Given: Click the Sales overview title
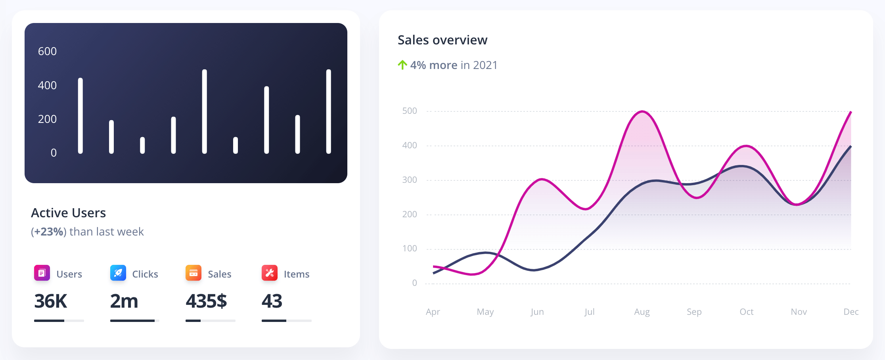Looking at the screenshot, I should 442,40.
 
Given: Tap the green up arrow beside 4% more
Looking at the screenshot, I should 402,65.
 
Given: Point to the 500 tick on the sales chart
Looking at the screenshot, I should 409,111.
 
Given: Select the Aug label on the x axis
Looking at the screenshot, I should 642,312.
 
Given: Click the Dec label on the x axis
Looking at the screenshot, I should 851,312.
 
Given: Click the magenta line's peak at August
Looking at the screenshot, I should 642,111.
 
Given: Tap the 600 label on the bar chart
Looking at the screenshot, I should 47,51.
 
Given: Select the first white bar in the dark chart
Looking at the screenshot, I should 80,115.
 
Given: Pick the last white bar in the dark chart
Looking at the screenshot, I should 328,111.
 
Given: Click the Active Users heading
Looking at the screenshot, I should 68,213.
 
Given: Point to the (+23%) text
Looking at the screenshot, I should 48,232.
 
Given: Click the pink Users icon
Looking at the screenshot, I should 42,273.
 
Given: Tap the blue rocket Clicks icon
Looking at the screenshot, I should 118,273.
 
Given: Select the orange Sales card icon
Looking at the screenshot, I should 193,273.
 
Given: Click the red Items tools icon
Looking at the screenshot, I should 269,273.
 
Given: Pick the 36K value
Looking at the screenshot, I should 50,301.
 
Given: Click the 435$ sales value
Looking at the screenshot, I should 206,301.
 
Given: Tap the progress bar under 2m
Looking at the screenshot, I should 134,320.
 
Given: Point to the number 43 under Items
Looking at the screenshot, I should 272,301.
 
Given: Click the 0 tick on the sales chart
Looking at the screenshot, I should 414,283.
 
